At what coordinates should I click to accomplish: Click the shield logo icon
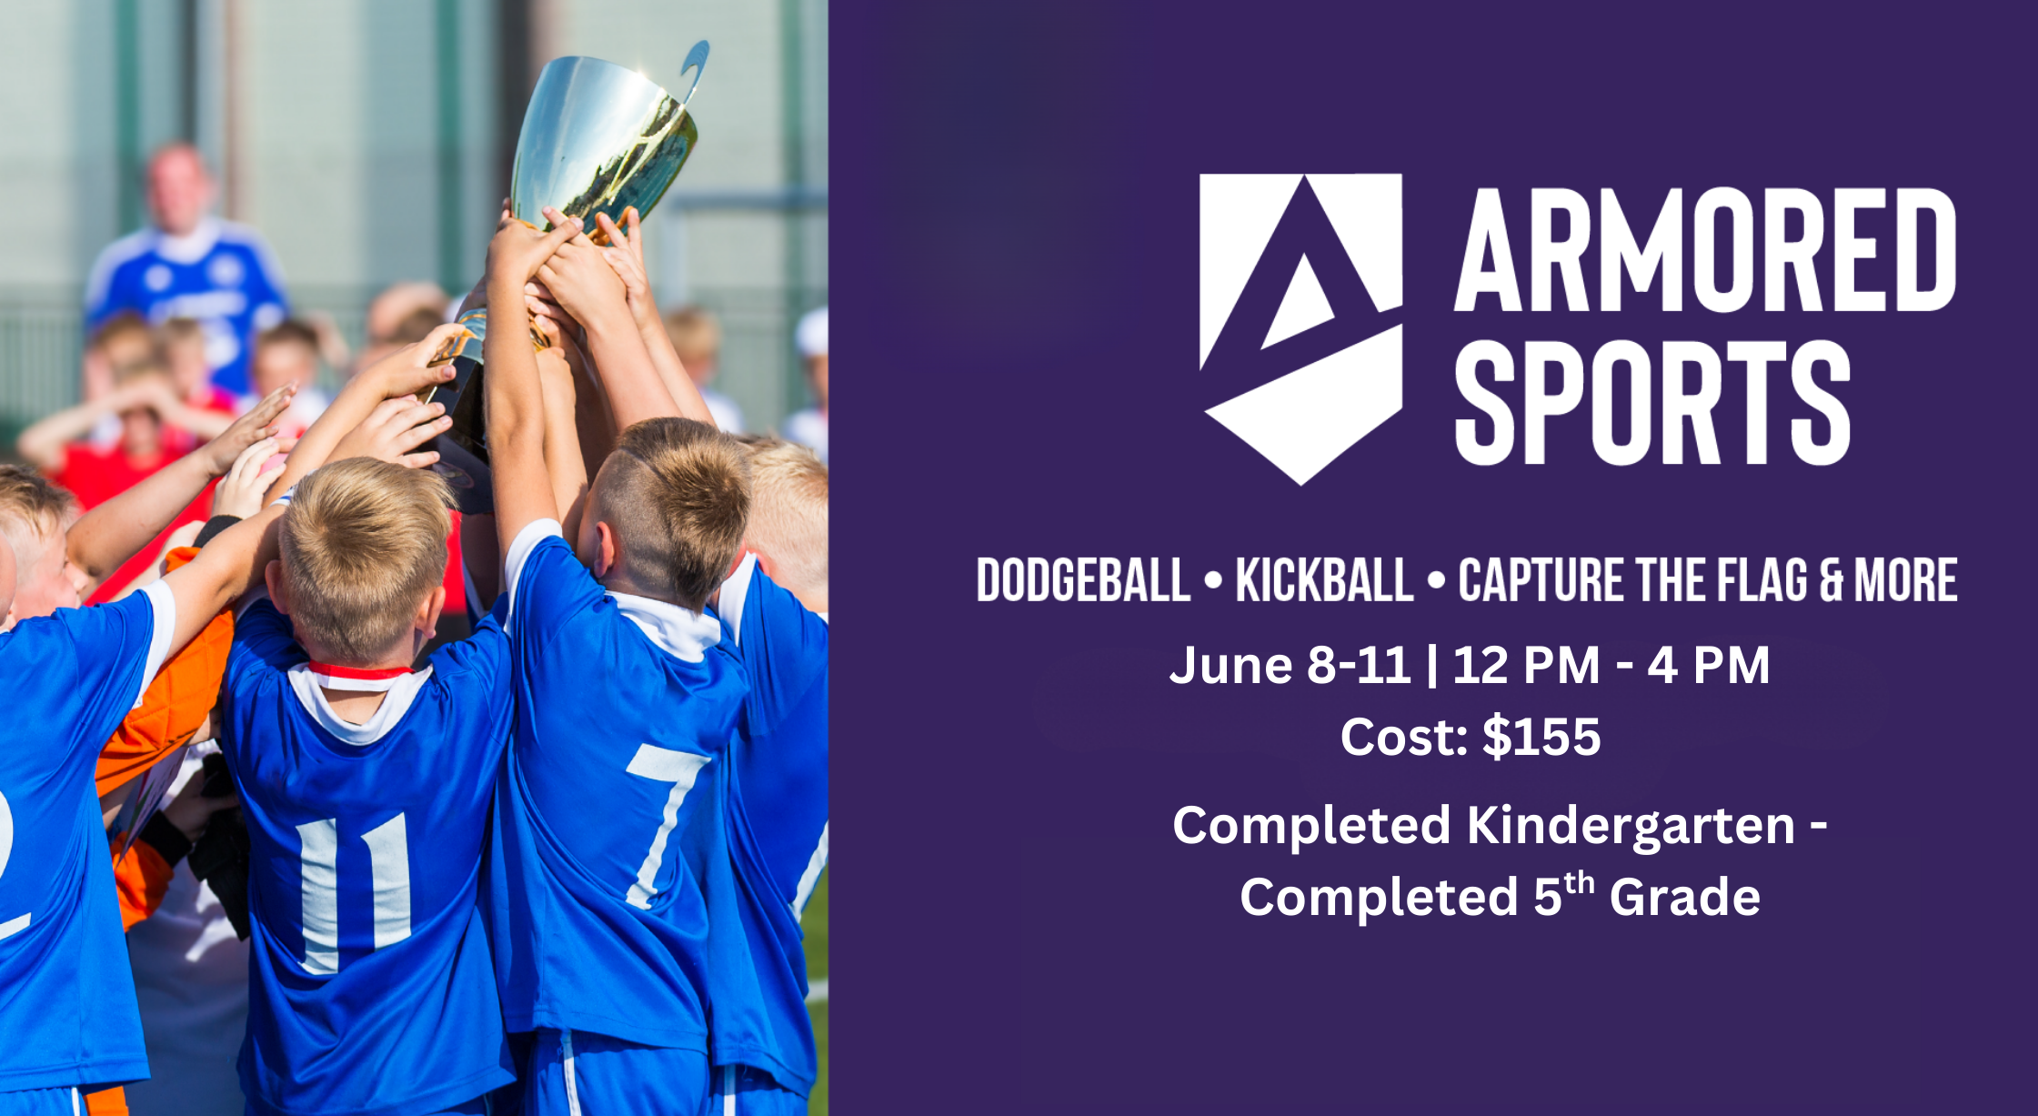click(x=1300, y=327)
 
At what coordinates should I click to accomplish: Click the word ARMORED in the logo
click(x=1705, y=250)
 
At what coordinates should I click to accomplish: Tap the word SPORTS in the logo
click(x=1652, y=403)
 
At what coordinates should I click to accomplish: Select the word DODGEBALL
click(x=1083, y=580)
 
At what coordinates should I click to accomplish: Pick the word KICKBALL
click(x=1325, y=580)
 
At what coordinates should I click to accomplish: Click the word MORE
click(x=1906, y=580)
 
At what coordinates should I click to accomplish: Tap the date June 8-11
click(x=1290, y=665)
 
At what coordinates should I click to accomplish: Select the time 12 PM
click(x=1526, y=665)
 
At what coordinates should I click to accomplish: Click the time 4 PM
click(x=1709, y=665)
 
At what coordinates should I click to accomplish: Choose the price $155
click(x=1541, y=736)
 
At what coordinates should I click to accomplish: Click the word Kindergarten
click(x=1631, y=827)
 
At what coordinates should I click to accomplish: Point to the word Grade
click(x=1685, y=898)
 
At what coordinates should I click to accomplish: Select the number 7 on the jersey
click(x=667, y=824)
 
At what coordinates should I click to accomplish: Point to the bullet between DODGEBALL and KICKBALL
click(x=1213, y=580)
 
